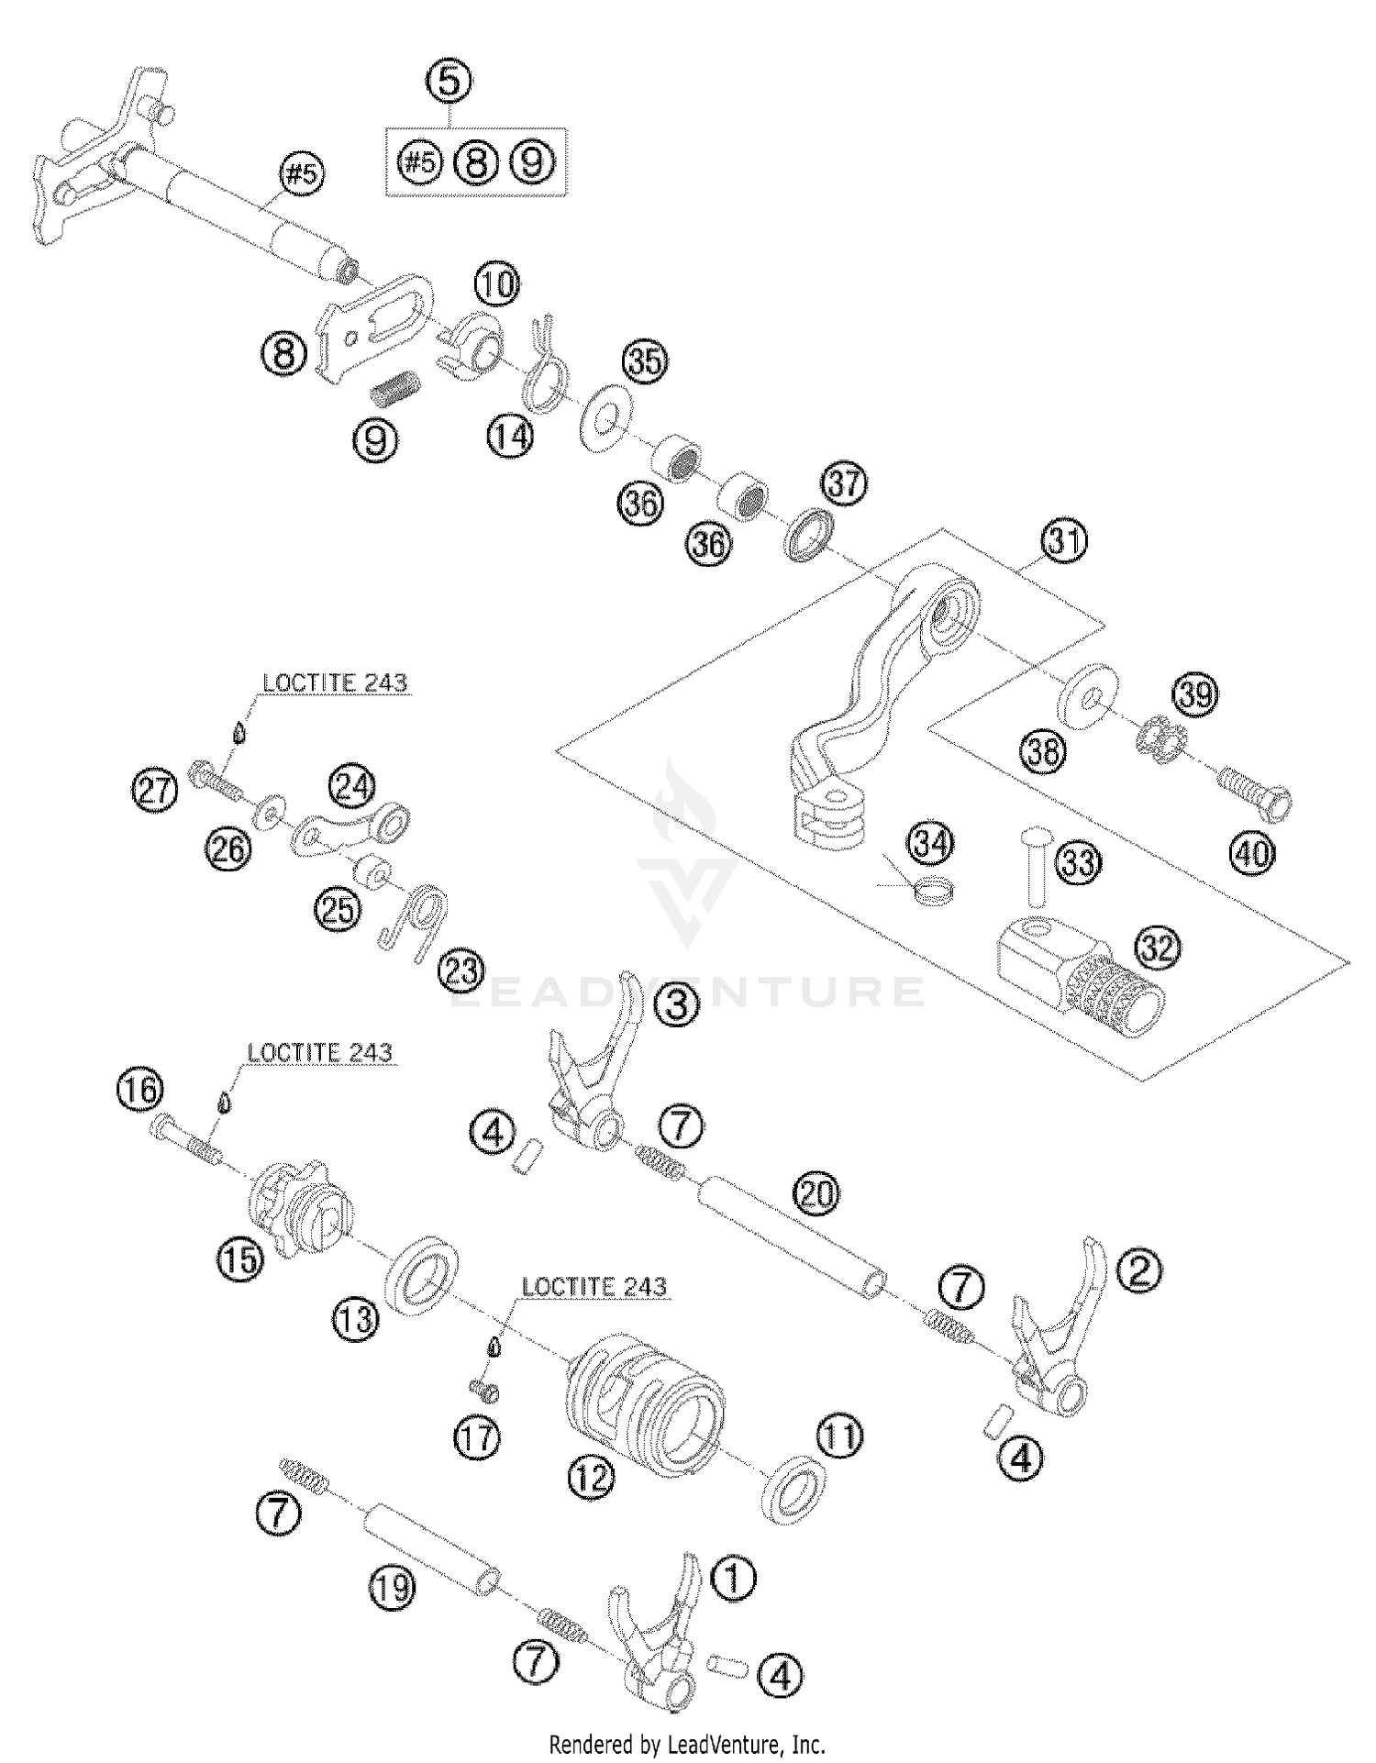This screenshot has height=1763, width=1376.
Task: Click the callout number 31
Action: point(1064,541)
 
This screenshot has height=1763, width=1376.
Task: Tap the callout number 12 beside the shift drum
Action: point(590,1477)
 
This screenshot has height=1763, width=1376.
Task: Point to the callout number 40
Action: point(1252,854)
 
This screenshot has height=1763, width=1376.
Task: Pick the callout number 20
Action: point(818,1193)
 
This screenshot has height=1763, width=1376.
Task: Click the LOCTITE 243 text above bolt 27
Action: point(334,682)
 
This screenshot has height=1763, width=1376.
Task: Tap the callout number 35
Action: point(646,360)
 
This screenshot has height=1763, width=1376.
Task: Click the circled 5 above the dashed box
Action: point(449,82)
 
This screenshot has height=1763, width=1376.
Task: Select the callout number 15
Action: point(240,1259)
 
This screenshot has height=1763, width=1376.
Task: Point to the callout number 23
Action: point(461,970)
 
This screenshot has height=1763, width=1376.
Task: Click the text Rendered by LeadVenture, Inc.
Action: point(687,1744)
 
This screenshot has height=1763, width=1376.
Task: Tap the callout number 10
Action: point(496,284)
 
